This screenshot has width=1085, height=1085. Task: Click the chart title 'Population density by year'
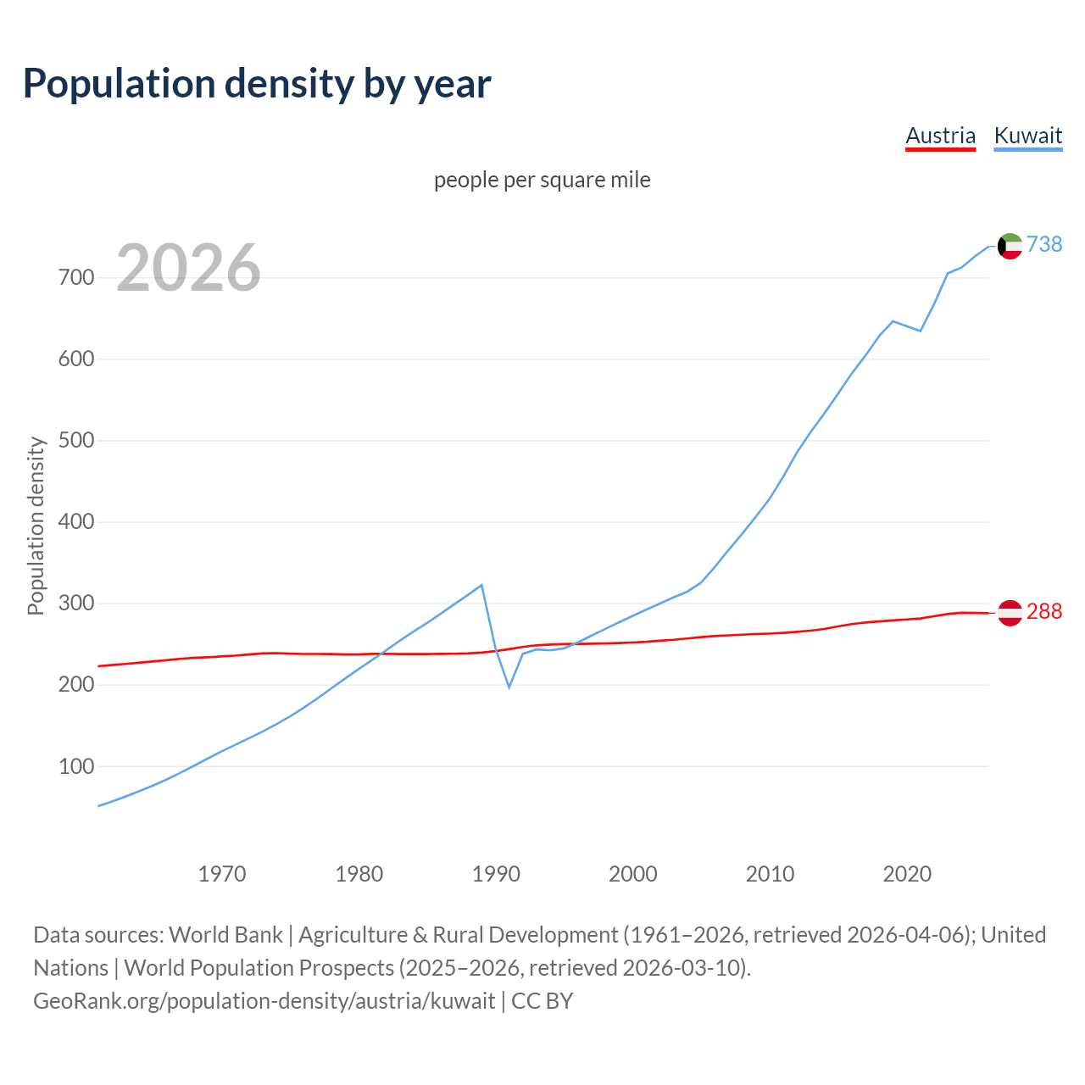[257, 83]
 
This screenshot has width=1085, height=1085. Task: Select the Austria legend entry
[940, 136]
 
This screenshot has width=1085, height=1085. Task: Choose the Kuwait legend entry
[1027, 136]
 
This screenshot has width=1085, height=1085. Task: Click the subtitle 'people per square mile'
[542, 180]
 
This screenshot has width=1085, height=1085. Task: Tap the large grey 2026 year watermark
[188, 268]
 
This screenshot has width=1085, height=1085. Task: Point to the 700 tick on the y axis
[76, 278]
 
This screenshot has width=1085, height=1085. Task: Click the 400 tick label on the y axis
[76, 522]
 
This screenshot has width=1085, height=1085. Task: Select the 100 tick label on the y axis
[76, 766]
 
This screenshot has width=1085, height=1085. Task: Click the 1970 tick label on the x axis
[222, 873]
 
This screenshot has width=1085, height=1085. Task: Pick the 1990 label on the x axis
[496, 873]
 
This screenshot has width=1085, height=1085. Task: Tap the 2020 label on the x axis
[907, 873]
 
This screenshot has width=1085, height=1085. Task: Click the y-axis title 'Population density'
[36, 526]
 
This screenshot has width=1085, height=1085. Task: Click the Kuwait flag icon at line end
[1010, 246]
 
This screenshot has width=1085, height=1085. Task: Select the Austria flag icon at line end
[1010, 612]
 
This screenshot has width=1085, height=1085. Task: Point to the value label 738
[1044, 244]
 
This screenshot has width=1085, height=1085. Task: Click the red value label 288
[1044, 611]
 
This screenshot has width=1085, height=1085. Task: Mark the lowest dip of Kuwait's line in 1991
[509, 687]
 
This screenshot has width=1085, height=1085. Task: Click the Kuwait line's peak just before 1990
[481, 585]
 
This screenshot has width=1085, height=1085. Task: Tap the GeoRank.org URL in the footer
[264, 1000]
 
